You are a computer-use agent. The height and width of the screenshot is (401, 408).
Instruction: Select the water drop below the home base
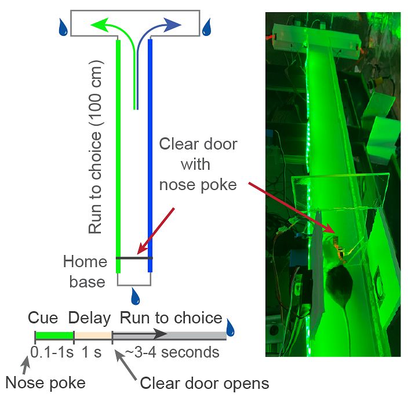tap(135, 297)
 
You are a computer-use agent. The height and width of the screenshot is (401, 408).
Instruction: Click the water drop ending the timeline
tap(231, 327)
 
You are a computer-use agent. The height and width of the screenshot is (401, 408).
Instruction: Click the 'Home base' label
tap(85, 272)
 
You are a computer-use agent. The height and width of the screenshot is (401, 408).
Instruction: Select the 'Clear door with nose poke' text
tap(198, 164)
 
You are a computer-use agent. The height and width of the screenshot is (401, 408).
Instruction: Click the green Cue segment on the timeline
tap(54, 335)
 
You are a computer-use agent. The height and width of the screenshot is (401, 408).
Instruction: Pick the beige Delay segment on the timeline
tap(93, 335)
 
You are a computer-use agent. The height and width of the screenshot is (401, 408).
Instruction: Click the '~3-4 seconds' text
tap(170, 352)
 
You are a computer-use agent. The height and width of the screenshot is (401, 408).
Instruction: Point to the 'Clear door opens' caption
tap(205, 383)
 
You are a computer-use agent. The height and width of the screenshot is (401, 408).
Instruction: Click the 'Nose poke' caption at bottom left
tap(45, 383)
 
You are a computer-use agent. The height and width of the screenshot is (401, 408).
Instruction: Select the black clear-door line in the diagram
tap(134, 258)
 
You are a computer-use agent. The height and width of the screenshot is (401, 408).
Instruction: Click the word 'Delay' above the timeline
tap(89, 318)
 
